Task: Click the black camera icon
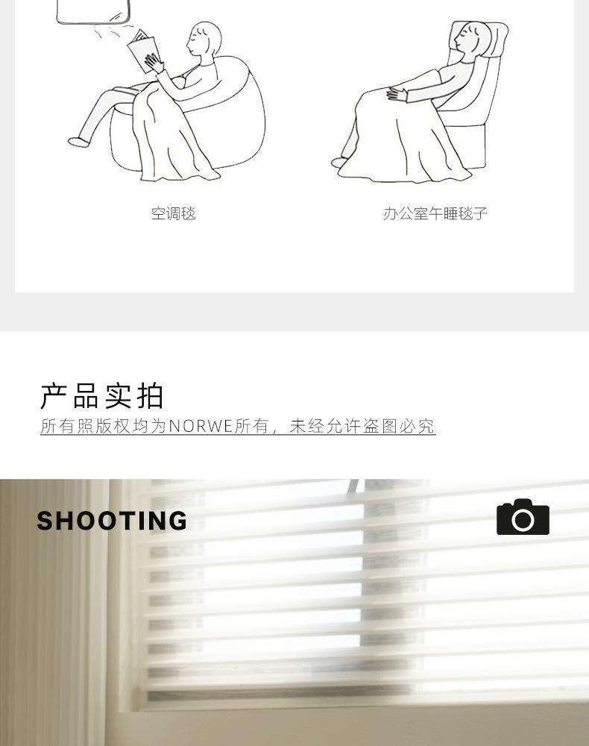coord(523,517)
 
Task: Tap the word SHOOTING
coord(112,521)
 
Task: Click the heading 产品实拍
coord(102,396)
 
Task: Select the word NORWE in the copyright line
coord(201,426)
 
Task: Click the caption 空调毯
coord(173,214)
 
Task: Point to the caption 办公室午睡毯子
coord(435,214)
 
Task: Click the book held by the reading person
coord(142,50)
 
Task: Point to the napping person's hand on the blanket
coord(397,94)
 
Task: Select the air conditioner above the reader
coord(93,10)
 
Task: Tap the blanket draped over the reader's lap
coord(168,138)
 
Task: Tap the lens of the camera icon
coord(523,521)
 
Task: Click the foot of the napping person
coord(340,162)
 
